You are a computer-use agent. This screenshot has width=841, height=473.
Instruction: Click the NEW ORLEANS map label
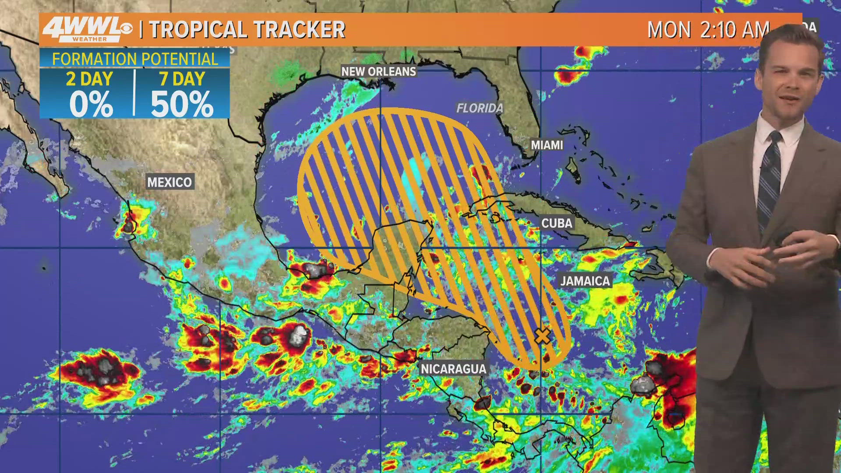(378, 71)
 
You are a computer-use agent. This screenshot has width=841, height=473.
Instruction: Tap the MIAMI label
(547, 145)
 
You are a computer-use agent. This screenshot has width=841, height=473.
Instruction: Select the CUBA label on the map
(557, 223)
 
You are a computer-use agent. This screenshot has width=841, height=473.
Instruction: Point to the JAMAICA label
(585, 281)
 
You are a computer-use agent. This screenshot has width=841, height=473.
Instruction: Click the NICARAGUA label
(453, 369)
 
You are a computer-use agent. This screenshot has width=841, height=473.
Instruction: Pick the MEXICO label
(170, 182)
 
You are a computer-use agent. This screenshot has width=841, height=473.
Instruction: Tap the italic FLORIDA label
(480, 108)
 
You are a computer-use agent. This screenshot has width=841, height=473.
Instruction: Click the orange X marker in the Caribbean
(542, 336)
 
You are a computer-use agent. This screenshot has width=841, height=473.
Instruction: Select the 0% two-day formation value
(91, 104)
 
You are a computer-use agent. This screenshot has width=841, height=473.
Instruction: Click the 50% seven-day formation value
(182, 104)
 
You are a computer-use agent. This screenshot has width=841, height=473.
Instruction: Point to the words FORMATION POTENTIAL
(135, 59)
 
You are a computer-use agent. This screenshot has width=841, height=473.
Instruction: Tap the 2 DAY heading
(89, 79)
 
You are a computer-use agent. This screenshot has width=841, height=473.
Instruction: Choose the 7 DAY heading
(182, 79)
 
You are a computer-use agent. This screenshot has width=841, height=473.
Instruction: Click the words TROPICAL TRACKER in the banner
(247, 30)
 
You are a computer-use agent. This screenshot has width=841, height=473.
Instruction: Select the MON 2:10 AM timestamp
(708, 30)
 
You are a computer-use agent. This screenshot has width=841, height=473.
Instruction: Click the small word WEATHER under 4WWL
(89, 39)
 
